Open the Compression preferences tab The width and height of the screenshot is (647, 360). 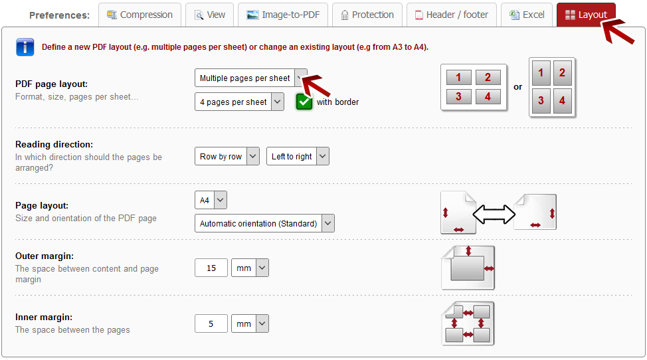pyautogui.click(x=140, y=15)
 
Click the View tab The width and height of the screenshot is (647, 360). pyautogui.click(x=210, y=15)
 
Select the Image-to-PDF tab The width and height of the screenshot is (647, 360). pyautogui.click(x=283, y=15)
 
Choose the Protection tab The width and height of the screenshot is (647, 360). pyautogui.click(x=367, y=15)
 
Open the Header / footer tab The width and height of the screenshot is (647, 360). pyautogui.click(x=452, y=15)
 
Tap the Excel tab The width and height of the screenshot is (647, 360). pyautogui.click(x=527, y=15)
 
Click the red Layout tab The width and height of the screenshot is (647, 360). pyautogui.click(x=586, y=15)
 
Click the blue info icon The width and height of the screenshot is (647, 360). pyautogui.click(x=25, y=47)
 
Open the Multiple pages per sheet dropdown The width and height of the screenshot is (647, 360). pyautogui.click(x=251, y=78)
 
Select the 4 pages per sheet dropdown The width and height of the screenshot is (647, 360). pyautogui.click(x=239, y=102)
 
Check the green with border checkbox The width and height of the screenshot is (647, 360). pyautogui.click(x=304, y=102)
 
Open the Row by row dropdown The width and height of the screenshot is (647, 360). pyautogui.click(x=227, y=156)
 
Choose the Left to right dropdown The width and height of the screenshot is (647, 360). pyautogui.click(x=298, y=156)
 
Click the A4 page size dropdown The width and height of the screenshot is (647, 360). pyautogui.click(x=211, y=200)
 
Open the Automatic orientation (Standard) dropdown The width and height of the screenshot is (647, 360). pyautogui.click(x=264, y=223)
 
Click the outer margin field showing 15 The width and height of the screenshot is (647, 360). pyautogui.click(x=211, y=268)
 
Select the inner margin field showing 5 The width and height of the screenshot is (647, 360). pyautogui.click(x=211, y=323)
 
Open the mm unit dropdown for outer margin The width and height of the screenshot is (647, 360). pyautogui.click(x=250, y=268)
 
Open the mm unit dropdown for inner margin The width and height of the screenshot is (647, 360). pyautogui.click(x=250, y=323)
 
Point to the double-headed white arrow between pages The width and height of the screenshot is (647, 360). pyautogui.click(x=494, y=214)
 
